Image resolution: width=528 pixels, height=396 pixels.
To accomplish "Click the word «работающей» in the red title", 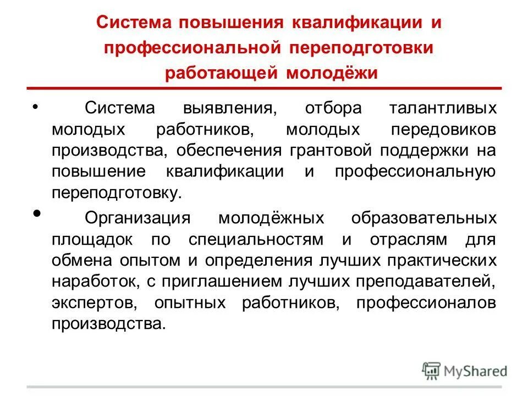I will pyautogui.click(x=221, y=73).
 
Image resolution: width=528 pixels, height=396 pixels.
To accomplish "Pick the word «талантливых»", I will pyautogui.click(x=443, y=108).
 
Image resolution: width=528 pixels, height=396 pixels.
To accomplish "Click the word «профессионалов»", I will pyautogui.click(x=427, y=302).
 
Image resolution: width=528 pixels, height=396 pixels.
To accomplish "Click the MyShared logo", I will pyautogui.click(x=465, y=370).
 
